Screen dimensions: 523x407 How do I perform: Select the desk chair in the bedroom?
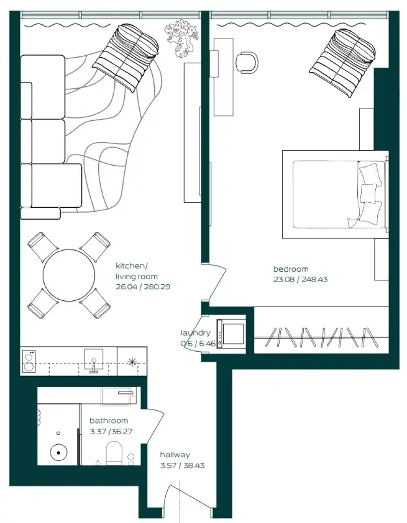[x=247, y=61]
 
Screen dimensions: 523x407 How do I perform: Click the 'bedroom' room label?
[x=290, y=269]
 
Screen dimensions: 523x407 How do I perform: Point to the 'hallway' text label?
[x=175, y=455]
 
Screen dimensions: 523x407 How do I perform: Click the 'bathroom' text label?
[x=109, y=421]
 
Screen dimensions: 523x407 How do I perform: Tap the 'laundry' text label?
[x=195, y=333]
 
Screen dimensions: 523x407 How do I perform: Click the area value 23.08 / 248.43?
[x=300, y=279]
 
